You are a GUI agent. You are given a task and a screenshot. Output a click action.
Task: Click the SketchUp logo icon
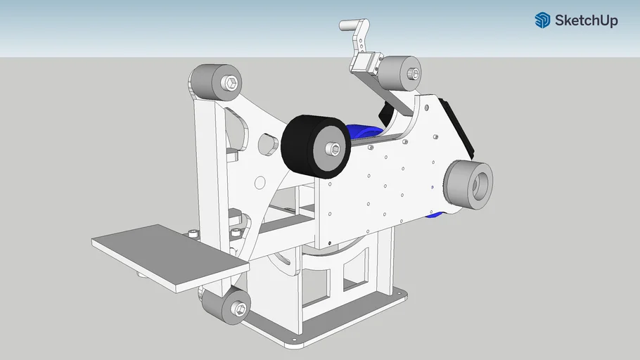543,20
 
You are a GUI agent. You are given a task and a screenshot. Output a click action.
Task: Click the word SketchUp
586,20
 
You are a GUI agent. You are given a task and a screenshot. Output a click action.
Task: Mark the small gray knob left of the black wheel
267,143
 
